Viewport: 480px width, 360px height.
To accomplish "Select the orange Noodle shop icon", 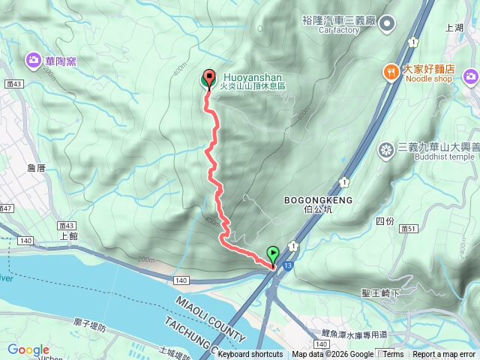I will tap(391, 71).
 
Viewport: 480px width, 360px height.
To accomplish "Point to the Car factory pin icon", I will tap(387, 25).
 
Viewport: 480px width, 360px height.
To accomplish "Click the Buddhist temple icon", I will tap(387, 151).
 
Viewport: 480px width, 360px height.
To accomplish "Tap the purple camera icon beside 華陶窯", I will tap(34, 59).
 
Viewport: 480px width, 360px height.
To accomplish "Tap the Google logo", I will tap(28, 349).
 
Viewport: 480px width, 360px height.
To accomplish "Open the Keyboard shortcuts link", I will tap(250, 355).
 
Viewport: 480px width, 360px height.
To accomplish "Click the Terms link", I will tap(393, 355).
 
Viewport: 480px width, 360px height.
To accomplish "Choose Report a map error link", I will tap(444, 355).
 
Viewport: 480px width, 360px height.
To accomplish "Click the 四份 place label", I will tap(384, 221).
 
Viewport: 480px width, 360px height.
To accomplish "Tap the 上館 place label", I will tap(67, 235).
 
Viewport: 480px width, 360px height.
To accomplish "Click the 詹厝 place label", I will tap(36, 168).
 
